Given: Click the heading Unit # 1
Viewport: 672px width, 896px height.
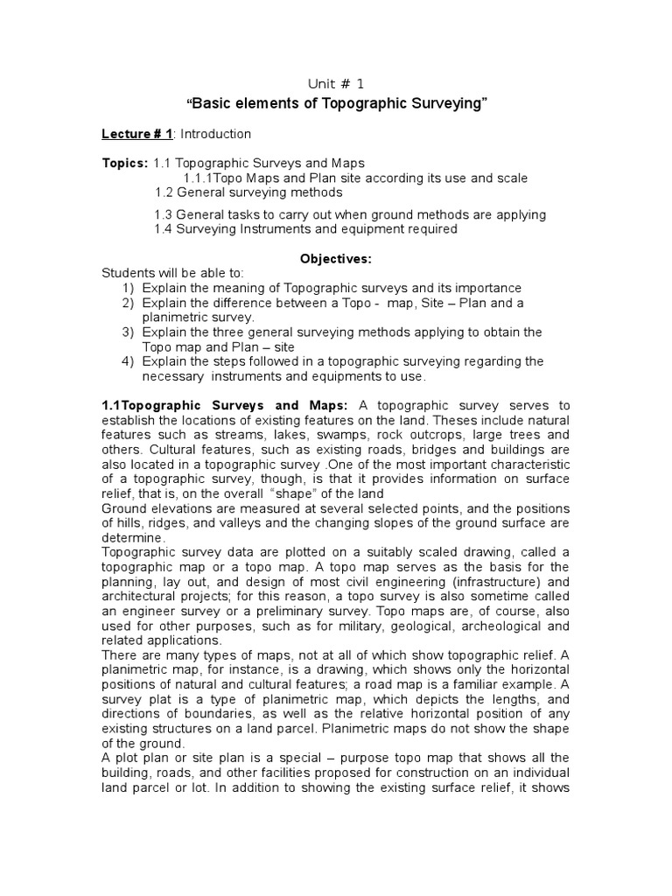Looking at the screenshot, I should (x=335, y=83).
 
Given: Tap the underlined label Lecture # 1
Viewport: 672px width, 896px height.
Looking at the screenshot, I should (x=136, y=134).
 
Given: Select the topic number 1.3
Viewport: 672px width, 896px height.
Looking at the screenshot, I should (x=164, y=214).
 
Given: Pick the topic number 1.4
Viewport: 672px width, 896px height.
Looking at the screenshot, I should (x=164, y=229).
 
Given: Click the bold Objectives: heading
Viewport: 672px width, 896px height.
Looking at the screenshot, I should (x=336, y=259).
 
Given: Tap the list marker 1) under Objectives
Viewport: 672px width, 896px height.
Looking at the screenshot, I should (x=129, y=288).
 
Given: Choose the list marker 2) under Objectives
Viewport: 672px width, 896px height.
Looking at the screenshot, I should (x=129, y=303).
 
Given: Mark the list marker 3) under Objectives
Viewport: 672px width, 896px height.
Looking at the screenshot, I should (x=129, y=332).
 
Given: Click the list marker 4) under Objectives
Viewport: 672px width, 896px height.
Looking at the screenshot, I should (x=129, y=361).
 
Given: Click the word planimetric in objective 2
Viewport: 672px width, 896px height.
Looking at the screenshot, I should (x=175, y=318).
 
